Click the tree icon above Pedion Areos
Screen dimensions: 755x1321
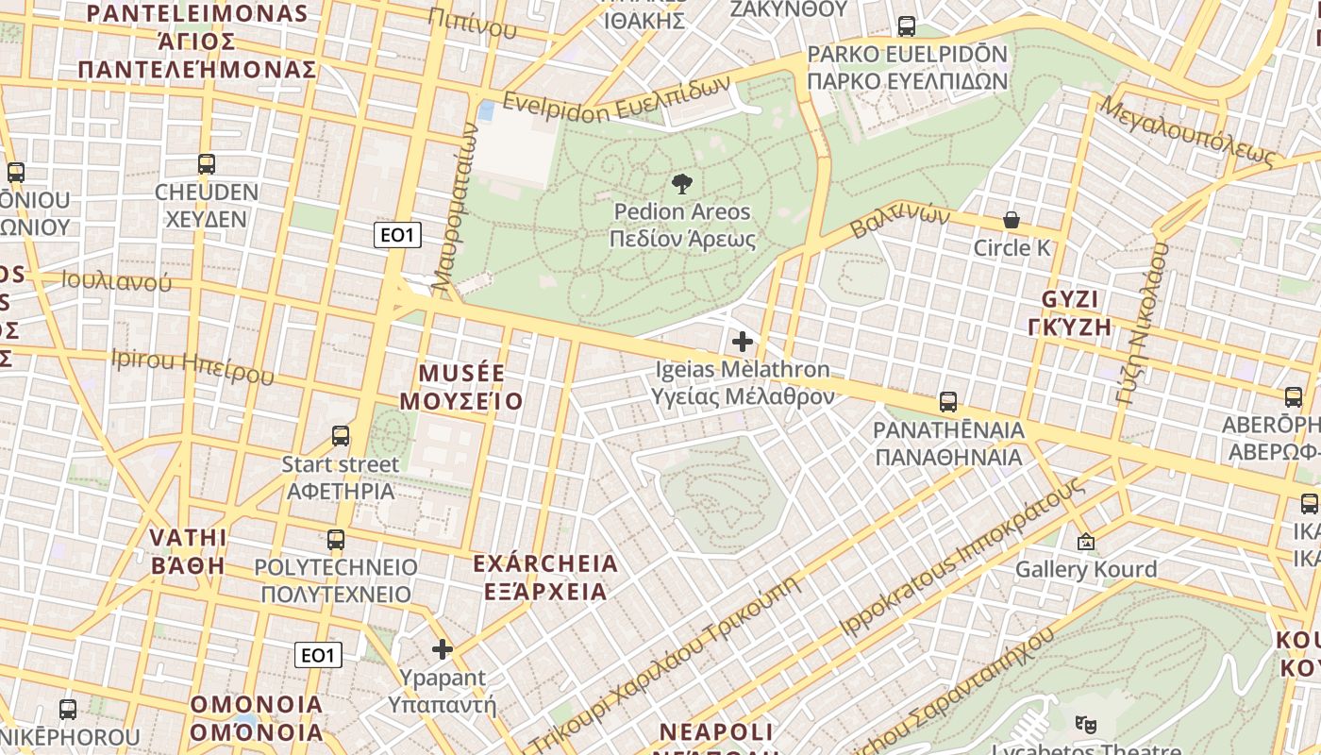click(681, 183)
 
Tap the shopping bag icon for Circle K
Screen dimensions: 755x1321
click(1012, 221)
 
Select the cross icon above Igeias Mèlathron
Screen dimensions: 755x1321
click(743, 341)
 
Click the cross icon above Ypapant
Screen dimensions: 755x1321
click(443, 649)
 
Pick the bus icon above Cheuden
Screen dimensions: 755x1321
click(207, 164)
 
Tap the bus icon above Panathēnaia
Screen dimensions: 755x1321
click(948, 402)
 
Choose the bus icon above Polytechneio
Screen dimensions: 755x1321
click(336, 540)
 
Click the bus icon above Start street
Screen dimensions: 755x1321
click(341, 436)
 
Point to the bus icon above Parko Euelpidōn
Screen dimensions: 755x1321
click(907, 26)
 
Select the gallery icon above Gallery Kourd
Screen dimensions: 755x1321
click(1086, 542)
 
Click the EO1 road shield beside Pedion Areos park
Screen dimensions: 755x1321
click(397, 235)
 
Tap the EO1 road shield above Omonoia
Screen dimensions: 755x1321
click(318, 655)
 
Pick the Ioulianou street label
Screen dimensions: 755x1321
click(117, 281)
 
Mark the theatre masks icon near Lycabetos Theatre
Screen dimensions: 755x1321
click(1086, 725)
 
